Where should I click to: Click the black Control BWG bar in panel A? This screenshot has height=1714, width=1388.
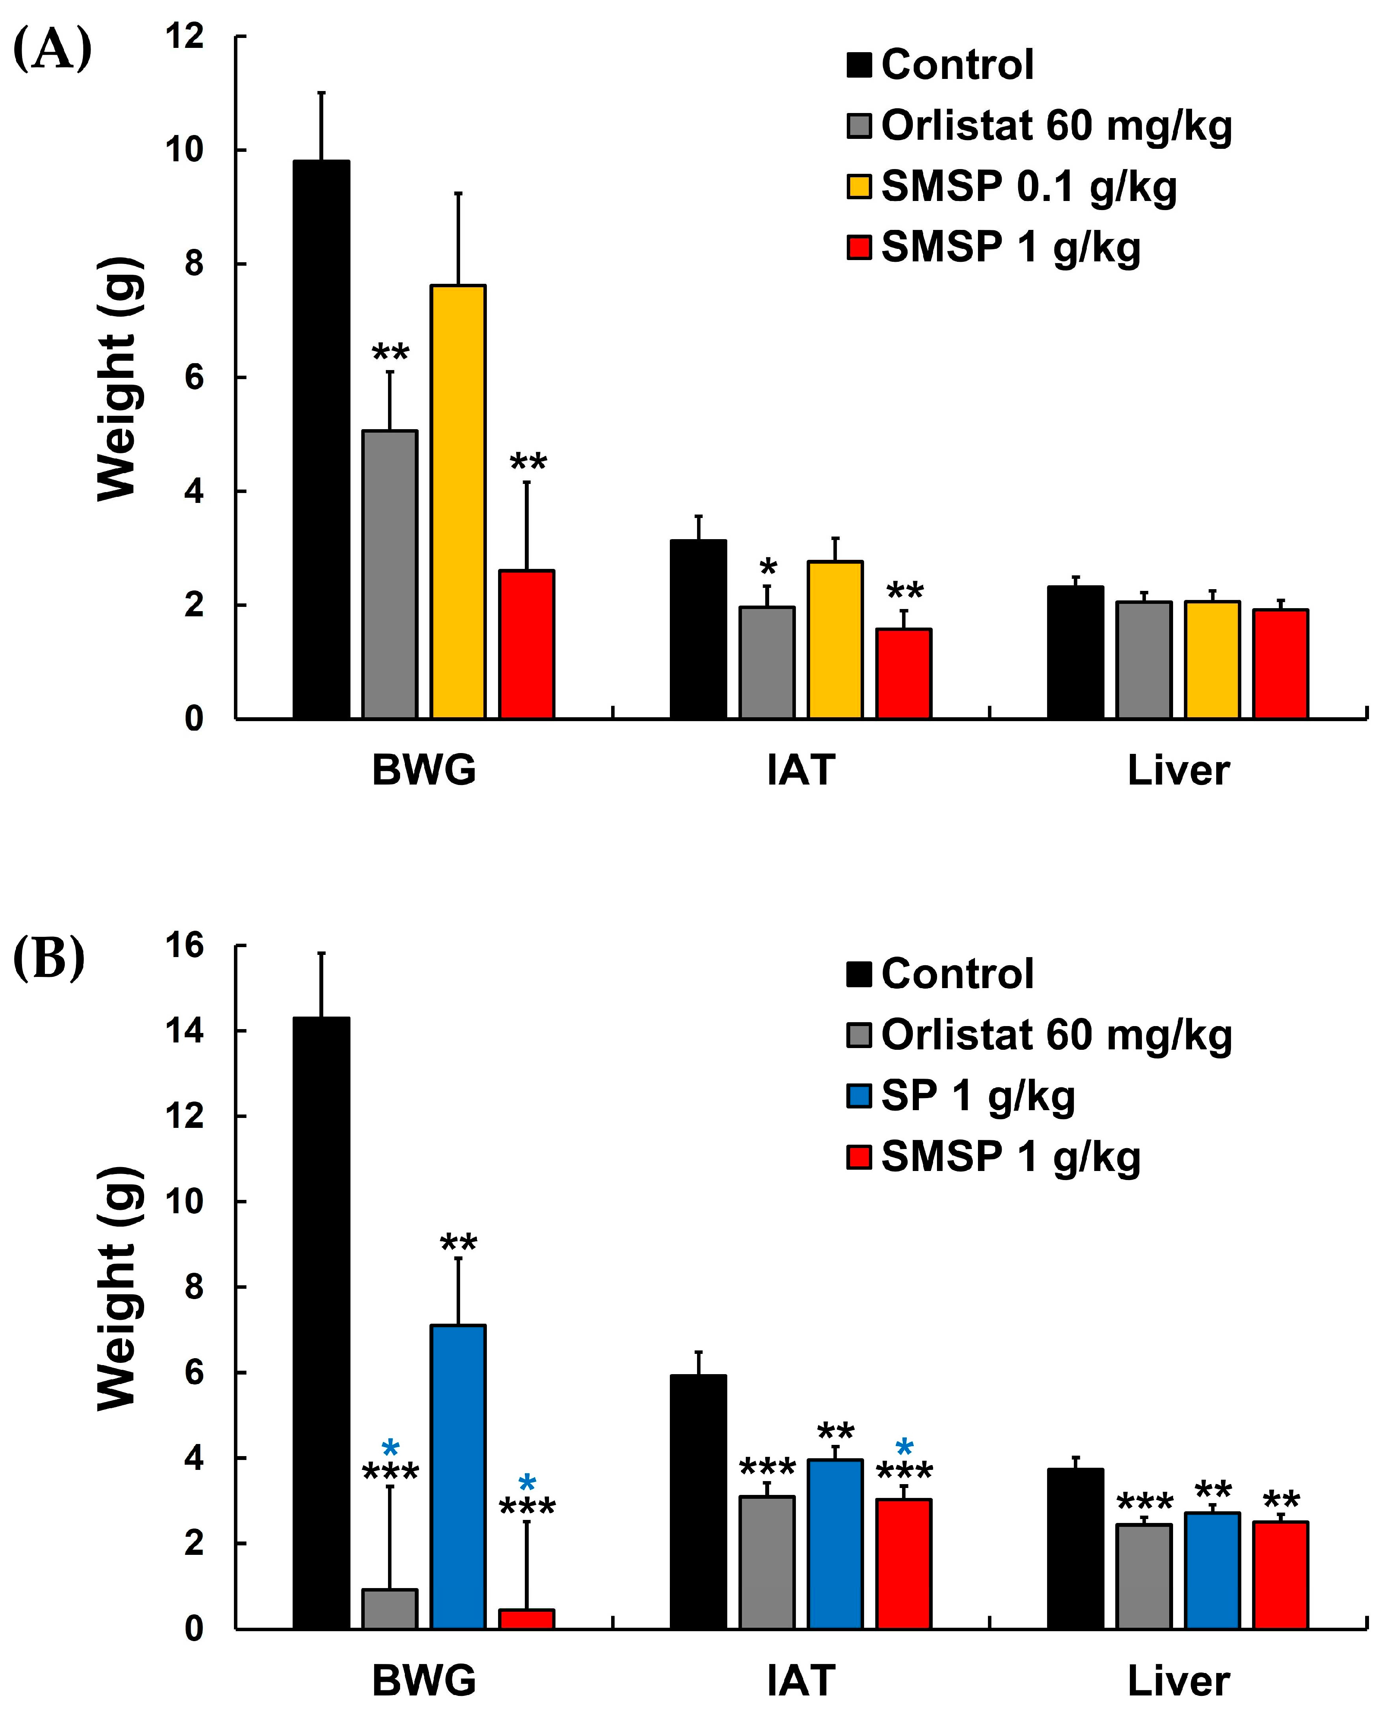[x=322, y=439]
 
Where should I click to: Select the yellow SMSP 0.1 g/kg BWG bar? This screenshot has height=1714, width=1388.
[x=458, y=502]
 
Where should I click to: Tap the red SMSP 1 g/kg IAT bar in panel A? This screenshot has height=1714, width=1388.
[x=903, y=674]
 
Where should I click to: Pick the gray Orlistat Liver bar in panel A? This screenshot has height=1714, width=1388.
[x=1144, y=660]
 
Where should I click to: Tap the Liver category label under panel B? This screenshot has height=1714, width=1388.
[x=1178, y=1680]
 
